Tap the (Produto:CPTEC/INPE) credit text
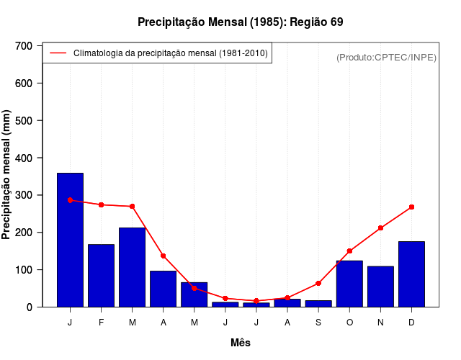[x=386, y=57]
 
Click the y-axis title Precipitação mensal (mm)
[x=7, y=175]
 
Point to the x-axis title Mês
[x=241, y=343]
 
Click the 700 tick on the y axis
[x=24, y=46]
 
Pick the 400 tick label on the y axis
[x=24, y=158]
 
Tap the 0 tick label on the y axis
[x=30, y=307]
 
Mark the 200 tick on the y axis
[x=24, y=233]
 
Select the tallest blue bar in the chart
[x=70, y=240]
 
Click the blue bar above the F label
[x=101, y=276]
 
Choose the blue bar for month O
[x=349, y=284]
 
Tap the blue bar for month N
[x=380, y=287]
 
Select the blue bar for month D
[x=411, y=274]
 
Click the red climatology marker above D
[x=411, y=207]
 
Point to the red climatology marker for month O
[x=349, y=251]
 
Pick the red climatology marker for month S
[x=318, y=283]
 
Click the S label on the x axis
[x=318, y=323]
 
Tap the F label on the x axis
[x=101, y=323]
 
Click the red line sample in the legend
[x=58, y=53]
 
